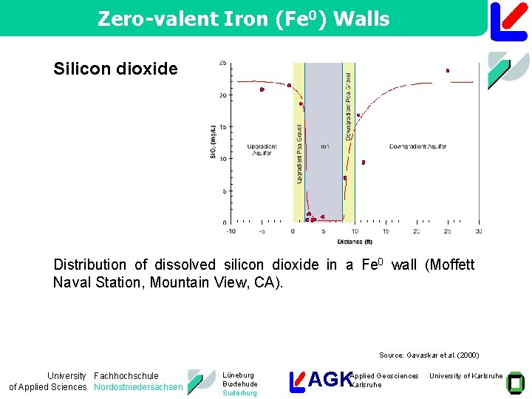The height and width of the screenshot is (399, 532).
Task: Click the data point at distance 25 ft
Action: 448,71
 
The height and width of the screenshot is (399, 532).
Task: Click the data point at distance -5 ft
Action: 262,89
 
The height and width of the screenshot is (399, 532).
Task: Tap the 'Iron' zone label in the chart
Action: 324,146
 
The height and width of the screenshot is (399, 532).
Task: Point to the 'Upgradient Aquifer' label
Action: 262,150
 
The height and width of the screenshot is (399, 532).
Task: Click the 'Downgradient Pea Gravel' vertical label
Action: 348,106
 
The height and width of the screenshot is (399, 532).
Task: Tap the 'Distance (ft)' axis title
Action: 355,242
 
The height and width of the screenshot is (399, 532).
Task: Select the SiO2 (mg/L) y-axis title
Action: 213,143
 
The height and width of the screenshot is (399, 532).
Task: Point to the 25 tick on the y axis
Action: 222,63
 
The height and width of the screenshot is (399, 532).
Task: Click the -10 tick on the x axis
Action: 231,231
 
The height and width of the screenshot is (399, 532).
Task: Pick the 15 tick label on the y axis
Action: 222,126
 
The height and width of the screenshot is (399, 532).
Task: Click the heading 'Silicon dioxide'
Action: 115,69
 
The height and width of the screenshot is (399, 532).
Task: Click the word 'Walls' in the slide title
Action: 361,19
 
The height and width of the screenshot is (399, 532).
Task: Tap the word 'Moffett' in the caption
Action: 450,265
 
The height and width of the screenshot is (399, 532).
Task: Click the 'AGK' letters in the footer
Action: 329,380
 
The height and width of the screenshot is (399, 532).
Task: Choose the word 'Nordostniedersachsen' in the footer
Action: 138,387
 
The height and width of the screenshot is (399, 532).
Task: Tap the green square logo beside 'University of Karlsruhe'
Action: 515,381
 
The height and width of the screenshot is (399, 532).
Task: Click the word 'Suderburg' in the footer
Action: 239,393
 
